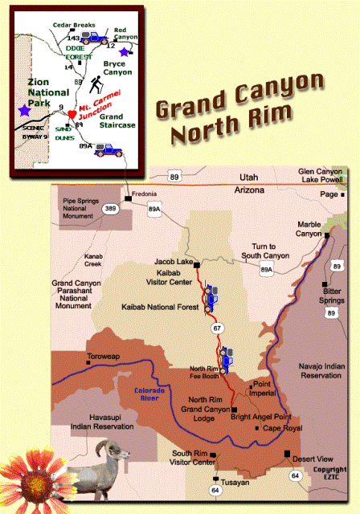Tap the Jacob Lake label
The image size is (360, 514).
pyautogui.click(x=170, y=263)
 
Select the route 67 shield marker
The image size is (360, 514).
pyautogui.click(x=215, y=328)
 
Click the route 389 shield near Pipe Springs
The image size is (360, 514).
pyautogui.click(x=109, y=209)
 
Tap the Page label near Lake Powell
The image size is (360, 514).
pyautogui.click(x=329, y=194)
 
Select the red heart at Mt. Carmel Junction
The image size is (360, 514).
pyautogui.click(x=72, y=116)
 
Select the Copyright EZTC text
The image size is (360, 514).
pyautogui.click(x=329, y=474)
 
